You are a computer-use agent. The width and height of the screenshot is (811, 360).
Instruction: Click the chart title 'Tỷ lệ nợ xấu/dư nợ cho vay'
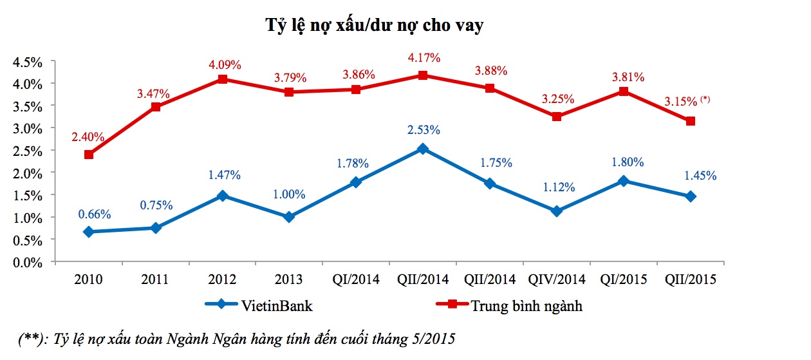[375, 26]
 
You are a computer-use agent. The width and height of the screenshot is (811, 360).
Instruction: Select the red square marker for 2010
[89, 155]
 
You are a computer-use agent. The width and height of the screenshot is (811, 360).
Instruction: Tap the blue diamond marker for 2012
[222, 196]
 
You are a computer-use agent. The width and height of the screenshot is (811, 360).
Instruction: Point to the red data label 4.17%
[424, 58]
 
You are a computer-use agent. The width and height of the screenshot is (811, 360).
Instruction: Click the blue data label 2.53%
[424, 130]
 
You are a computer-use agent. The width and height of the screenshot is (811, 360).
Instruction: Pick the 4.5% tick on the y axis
[27, 62]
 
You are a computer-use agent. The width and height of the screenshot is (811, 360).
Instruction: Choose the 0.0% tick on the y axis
[27, 263]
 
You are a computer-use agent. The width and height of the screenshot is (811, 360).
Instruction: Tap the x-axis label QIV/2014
[557, 280]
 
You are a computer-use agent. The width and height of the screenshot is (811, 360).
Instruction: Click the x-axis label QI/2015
[624, 280]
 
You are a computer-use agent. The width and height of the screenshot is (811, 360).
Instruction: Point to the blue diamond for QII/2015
[691, 196]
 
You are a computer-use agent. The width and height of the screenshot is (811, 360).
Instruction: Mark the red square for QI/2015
[624, 91]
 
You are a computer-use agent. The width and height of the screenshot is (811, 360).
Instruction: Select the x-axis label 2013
[289, 280]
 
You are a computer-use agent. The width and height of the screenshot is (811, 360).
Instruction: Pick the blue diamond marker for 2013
[289, 217]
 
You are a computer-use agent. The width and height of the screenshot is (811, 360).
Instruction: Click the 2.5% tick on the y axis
[27, 151]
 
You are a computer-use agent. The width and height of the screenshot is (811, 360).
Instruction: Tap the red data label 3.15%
[681, 102]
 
